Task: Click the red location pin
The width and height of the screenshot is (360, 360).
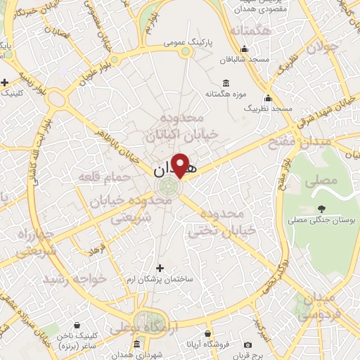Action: (181, 165)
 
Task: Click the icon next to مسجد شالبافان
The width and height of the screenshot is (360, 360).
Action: (243, 49)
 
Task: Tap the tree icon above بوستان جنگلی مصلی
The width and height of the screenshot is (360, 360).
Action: (321, 208)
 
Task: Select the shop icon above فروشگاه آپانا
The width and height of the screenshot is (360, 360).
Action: (207, 334)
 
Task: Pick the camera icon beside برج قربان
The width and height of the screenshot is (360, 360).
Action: (247, 345)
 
